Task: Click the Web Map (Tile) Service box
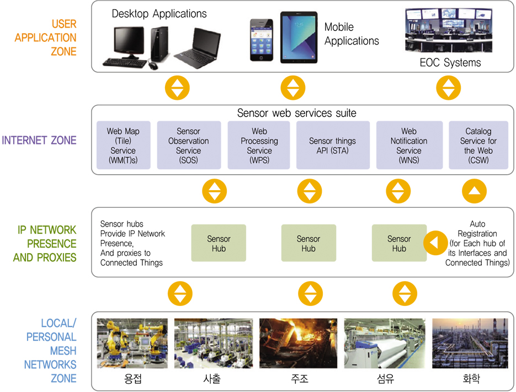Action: [123, 145]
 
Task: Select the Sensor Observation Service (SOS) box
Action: [188, 145]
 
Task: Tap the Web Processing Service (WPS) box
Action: [259, 145]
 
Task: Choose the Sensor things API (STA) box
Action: [332, 145]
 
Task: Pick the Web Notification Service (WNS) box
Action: [408, 145]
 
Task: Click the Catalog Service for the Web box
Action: [477, 145]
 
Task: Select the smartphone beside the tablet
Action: [262, 40]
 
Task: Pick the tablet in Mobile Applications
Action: [298, 37]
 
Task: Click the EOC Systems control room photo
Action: [449, 30]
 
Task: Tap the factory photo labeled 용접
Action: [133, 342]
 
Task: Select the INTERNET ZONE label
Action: [39, 140]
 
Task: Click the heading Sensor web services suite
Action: [296, 113]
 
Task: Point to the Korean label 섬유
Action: [385, 379]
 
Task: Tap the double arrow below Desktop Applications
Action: [177, 87]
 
